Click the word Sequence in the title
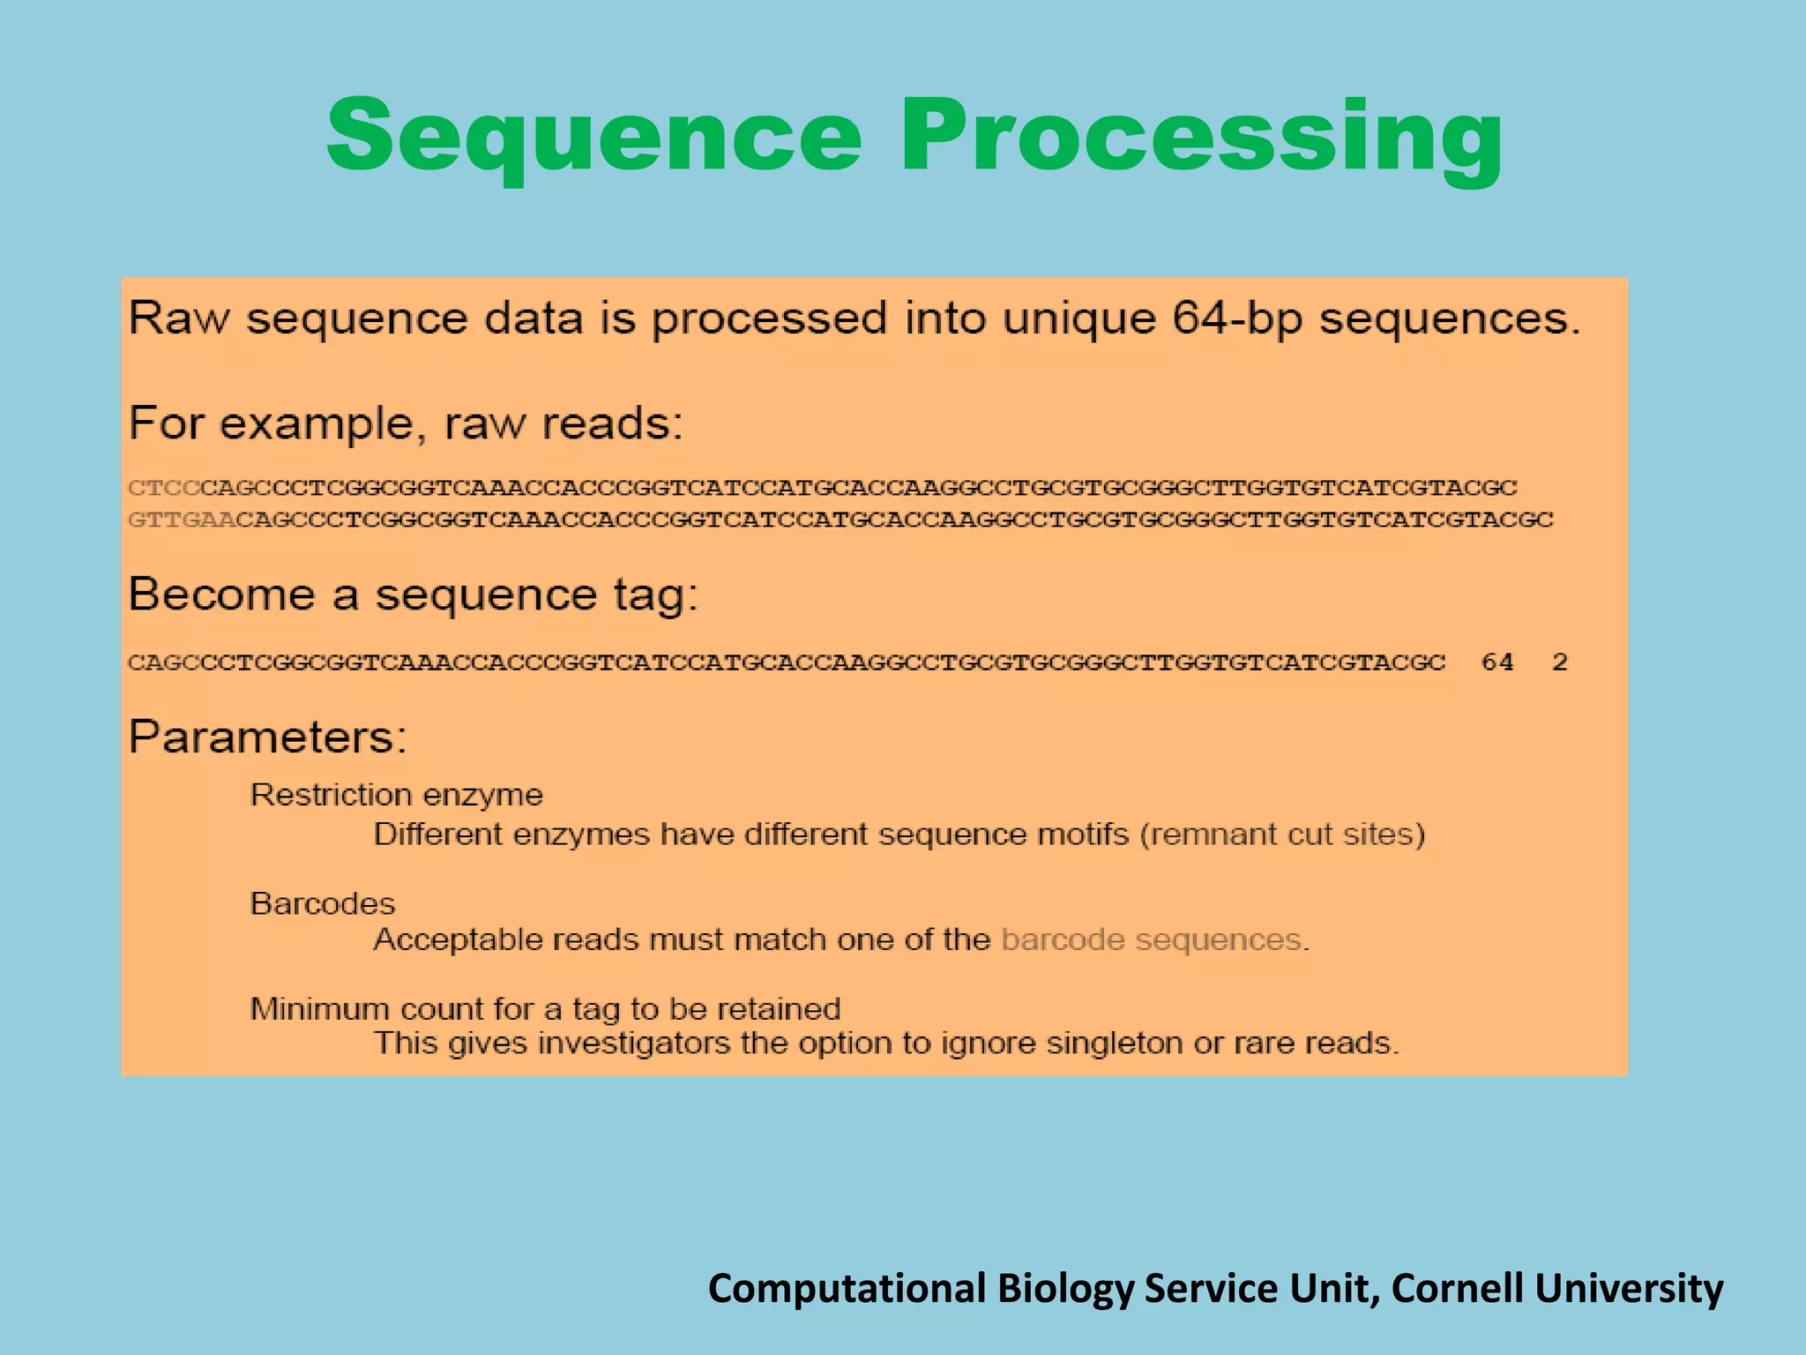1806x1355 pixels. coord(593,137)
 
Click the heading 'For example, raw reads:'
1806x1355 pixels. coord(406,423)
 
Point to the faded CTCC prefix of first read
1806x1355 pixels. coord(164,488)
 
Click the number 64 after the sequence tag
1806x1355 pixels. coord(1496,663)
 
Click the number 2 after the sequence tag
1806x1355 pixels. coord(1559,663)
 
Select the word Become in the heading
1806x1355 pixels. coord(221,594)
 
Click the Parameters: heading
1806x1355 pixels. coord(268,737)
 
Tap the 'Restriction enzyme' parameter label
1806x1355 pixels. coord(396,795)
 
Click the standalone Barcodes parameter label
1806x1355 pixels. coord(323,903)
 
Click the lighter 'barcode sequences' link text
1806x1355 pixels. coord(1152,940)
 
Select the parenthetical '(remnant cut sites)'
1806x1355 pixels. coord(1282,834)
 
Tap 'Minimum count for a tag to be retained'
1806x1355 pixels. coord(545,1008)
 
